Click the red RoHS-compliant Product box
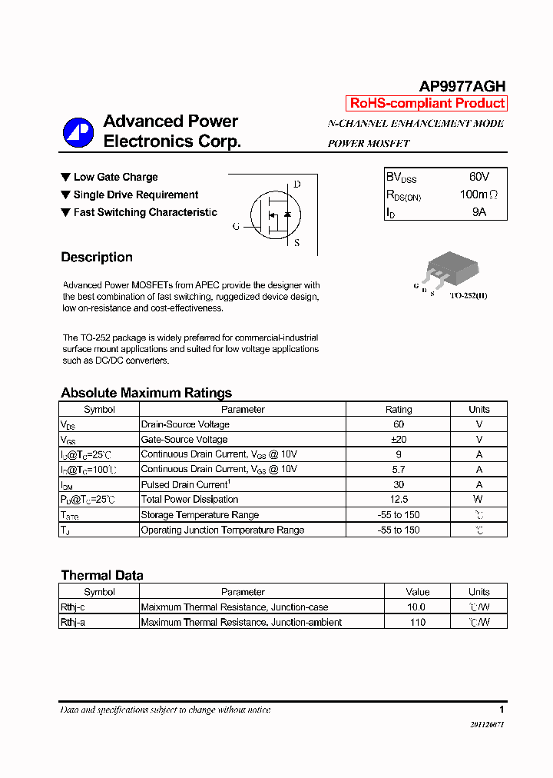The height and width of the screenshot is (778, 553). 427,103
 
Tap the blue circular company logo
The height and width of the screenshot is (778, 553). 78,132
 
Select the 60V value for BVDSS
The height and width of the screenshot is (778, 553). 478,177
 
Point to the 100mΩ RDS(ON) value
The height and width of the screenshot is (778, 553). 478,194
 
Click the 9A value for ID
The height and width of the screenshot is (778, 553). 478,211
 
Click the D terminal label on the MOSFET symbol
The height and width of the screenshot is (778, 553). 296,185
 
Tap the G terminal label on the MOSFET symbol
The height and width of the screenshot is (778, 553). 236,227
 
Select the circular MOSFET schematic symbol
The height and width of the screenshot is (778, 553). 275,214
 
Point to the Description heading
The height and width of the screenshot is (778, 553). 97,258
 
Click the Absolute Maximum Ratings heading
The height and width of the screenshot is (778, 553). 146,393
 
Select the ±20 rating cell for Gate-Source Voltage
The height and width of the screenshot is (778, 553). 398,440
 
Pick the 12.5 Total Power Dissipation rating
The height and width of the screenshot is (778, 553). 398,500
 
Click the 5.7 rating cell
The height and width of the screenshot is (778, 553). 398,470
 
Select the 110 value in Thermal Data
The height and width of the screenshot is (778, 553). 417,622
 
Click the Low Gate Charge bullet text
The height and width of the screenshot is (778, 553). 115,178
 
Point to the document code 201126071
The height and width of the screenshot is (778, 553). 487,725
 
